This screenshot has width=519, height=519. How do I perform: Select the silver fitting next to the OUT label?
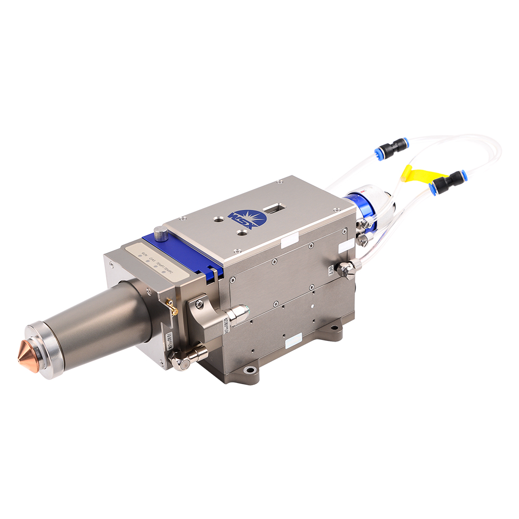coord(345,269)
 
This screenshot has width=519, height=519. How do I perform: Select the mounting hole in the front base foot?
coord(251,370)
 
